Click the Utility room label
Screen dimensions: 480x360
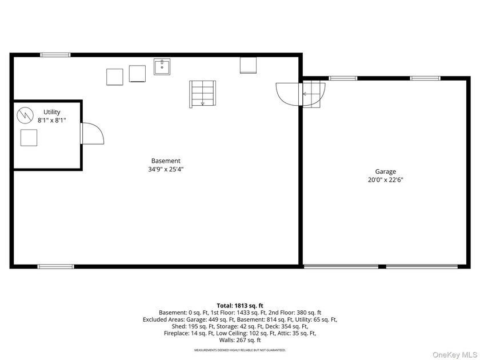[52, 112]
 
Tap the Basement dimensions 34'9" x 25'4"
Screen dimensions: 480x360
[166, 169]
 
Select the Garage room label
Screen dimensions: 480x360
[385, 172]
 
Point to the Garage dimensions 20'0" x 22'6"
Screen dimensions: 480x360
[385, 179]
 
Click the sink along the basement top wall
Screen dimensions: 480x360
[162, 67]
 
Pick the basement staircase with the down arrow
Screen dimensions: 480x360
[202, 94]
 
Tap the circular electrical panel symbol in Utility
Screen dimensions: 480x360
[25, 115]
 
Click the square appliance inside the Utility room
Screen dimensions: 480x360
[29, 138]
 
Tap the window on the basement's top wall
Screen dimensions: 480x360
[55, 55]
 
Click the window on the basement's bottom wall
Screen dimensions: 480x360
[56, 267]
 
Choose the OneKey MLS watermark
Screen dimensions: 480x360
[455, 355]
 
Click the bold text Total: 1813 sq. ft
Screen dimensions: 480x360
[240, 306]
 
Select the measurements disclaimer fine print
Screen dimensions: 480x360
[240, 350]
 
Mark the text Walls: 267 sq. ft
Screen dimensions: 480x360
[240, 340]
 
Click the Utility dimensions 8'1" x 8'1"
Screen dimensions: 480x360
[52, 121]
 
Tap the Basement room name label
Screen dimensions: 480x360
[166, 161]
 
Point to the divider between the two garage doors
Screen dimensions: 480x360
[382, 267]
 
